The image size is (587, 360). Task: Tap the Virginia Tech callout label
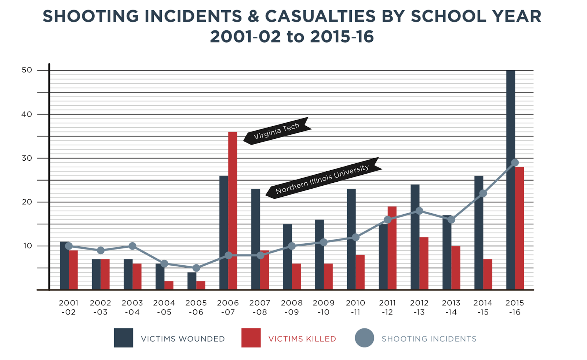[277, 131]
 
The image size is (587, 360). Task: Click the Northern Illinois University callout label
[322, 179]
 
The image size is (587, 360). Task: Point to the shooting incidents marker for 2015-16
[515, 163]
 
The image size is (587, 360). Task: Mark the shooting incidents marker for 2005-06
[196, 268]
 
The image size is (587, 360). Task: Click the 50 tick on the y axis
[27, 70]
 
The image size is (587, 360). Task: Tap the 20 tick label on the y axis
[27, 202]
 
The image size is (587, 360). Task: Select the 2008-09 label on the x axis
[292, 308]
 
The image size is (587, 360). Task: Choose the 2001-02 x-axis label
[69, 308]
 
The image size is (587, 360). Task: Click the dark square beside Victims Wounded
[123, 338]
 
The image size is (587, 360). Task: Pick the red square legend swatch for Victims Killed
[251, 338]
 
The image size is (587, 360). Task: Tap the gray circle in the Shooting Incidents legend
[364, 338]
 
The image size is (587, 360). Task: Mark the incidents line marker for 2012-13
[419, 211]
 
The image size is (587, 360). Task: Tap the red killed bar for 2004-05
[169, 286]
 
